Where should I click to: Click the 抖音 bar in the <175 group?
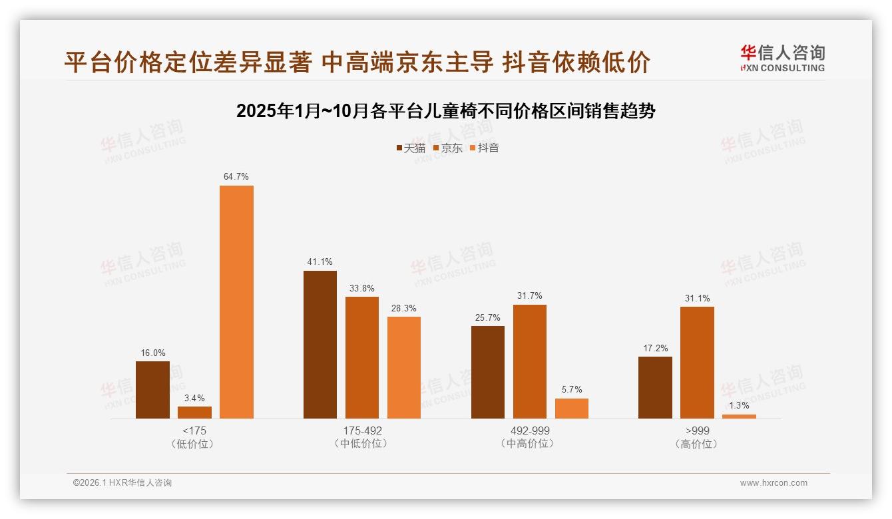coord(236,302)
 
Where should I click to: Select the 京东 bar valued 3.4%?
coord(194,413)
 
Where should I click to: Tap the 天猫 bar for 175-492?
coord(320,345)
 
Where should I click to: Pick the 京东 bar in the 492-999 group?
coord(530,361)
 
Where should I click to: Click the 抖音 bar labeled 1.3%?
coord(739,417)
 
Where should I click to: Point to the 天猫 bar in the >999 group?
coord(655,387)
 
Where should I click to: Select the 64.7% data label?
coord(236,177)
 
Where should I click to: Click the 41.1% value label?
coord(320,262)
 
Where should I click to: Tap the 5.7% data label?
coord(571,390)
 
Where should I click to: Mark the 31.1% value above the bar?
coord(697,299)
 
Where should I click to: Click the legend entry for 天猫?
coord(411,148)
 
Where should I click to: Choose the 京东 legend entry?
coord(447,148)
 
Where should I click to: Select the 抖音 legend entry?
coord(485,148)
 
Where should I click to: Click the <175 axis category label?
coord(194,431)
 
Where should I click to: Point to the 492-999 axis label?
coord(529,431)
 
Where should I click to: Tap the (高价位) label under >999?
coord(696,444)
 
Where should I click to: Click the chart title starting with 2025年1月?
coord(446,111)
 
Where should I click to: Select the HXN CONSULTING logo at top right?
coord(782,58)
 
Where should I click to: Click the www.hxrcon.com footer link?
coord(774,483)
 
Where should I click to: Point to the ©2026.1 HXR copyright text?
coord(122,483)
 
